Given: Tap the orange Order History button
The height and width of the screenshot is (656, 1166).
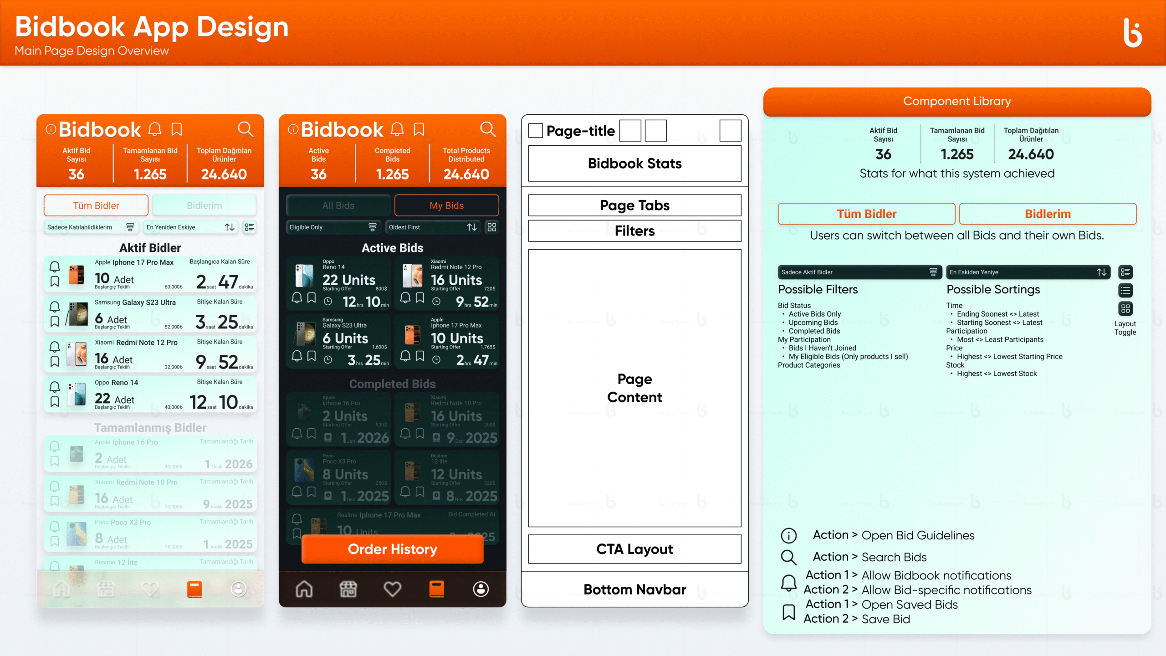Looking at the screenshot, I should pos(392,549).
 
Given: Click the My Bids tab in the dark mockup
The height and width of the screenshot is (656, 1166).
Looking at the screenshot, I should pos(446,205).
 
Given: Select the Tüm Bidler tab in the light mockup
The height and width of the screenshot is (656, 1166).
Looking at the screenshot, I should pos(96,205).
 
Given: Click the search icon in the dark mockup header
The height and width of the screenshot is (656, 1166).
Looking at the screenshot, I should pos(488,129).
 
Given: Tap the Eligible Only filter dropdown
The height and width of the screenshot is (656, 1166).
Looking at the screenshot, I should pos(333,227).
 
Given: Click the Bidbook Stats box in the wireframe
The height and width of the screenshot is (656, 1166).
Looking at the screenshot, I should pos(634,164).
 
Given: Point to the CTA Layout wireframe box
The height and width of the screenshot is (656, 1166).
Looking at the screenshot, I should pos(634,549).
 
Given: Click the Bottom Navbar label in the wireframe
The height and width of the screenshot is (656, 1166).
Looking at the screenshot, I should pos(634,589).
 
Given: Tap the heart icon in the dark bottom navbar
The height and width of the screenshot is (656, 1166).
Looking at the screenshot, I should pos(392,589).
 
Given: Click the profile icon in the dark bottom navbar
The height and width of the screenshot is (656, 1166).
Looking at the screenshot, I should pos(481,589).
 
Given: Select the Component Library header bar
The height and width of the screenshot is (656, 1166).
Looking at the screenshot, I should pos(957,101).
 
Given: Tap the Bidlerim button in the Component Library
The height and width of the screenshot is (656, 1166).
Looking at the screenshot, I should pos(1048,214).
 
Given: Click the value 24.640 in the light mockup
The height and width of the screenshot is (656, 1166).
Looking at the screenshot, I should pos(224,174).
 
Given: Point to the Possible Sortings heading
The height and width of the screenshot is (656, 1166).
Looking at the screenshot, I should pos(993,289).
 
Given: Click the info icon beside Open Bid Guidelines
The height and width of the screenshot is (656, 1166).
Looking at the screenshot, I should pos(788,535).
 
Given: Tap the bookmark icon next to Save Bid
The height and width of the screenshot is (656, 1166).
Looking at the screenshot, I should pos(788,612).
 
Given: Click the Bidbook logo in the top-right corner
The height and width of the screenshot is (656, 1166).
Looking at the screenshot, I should pos(1132,32).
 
